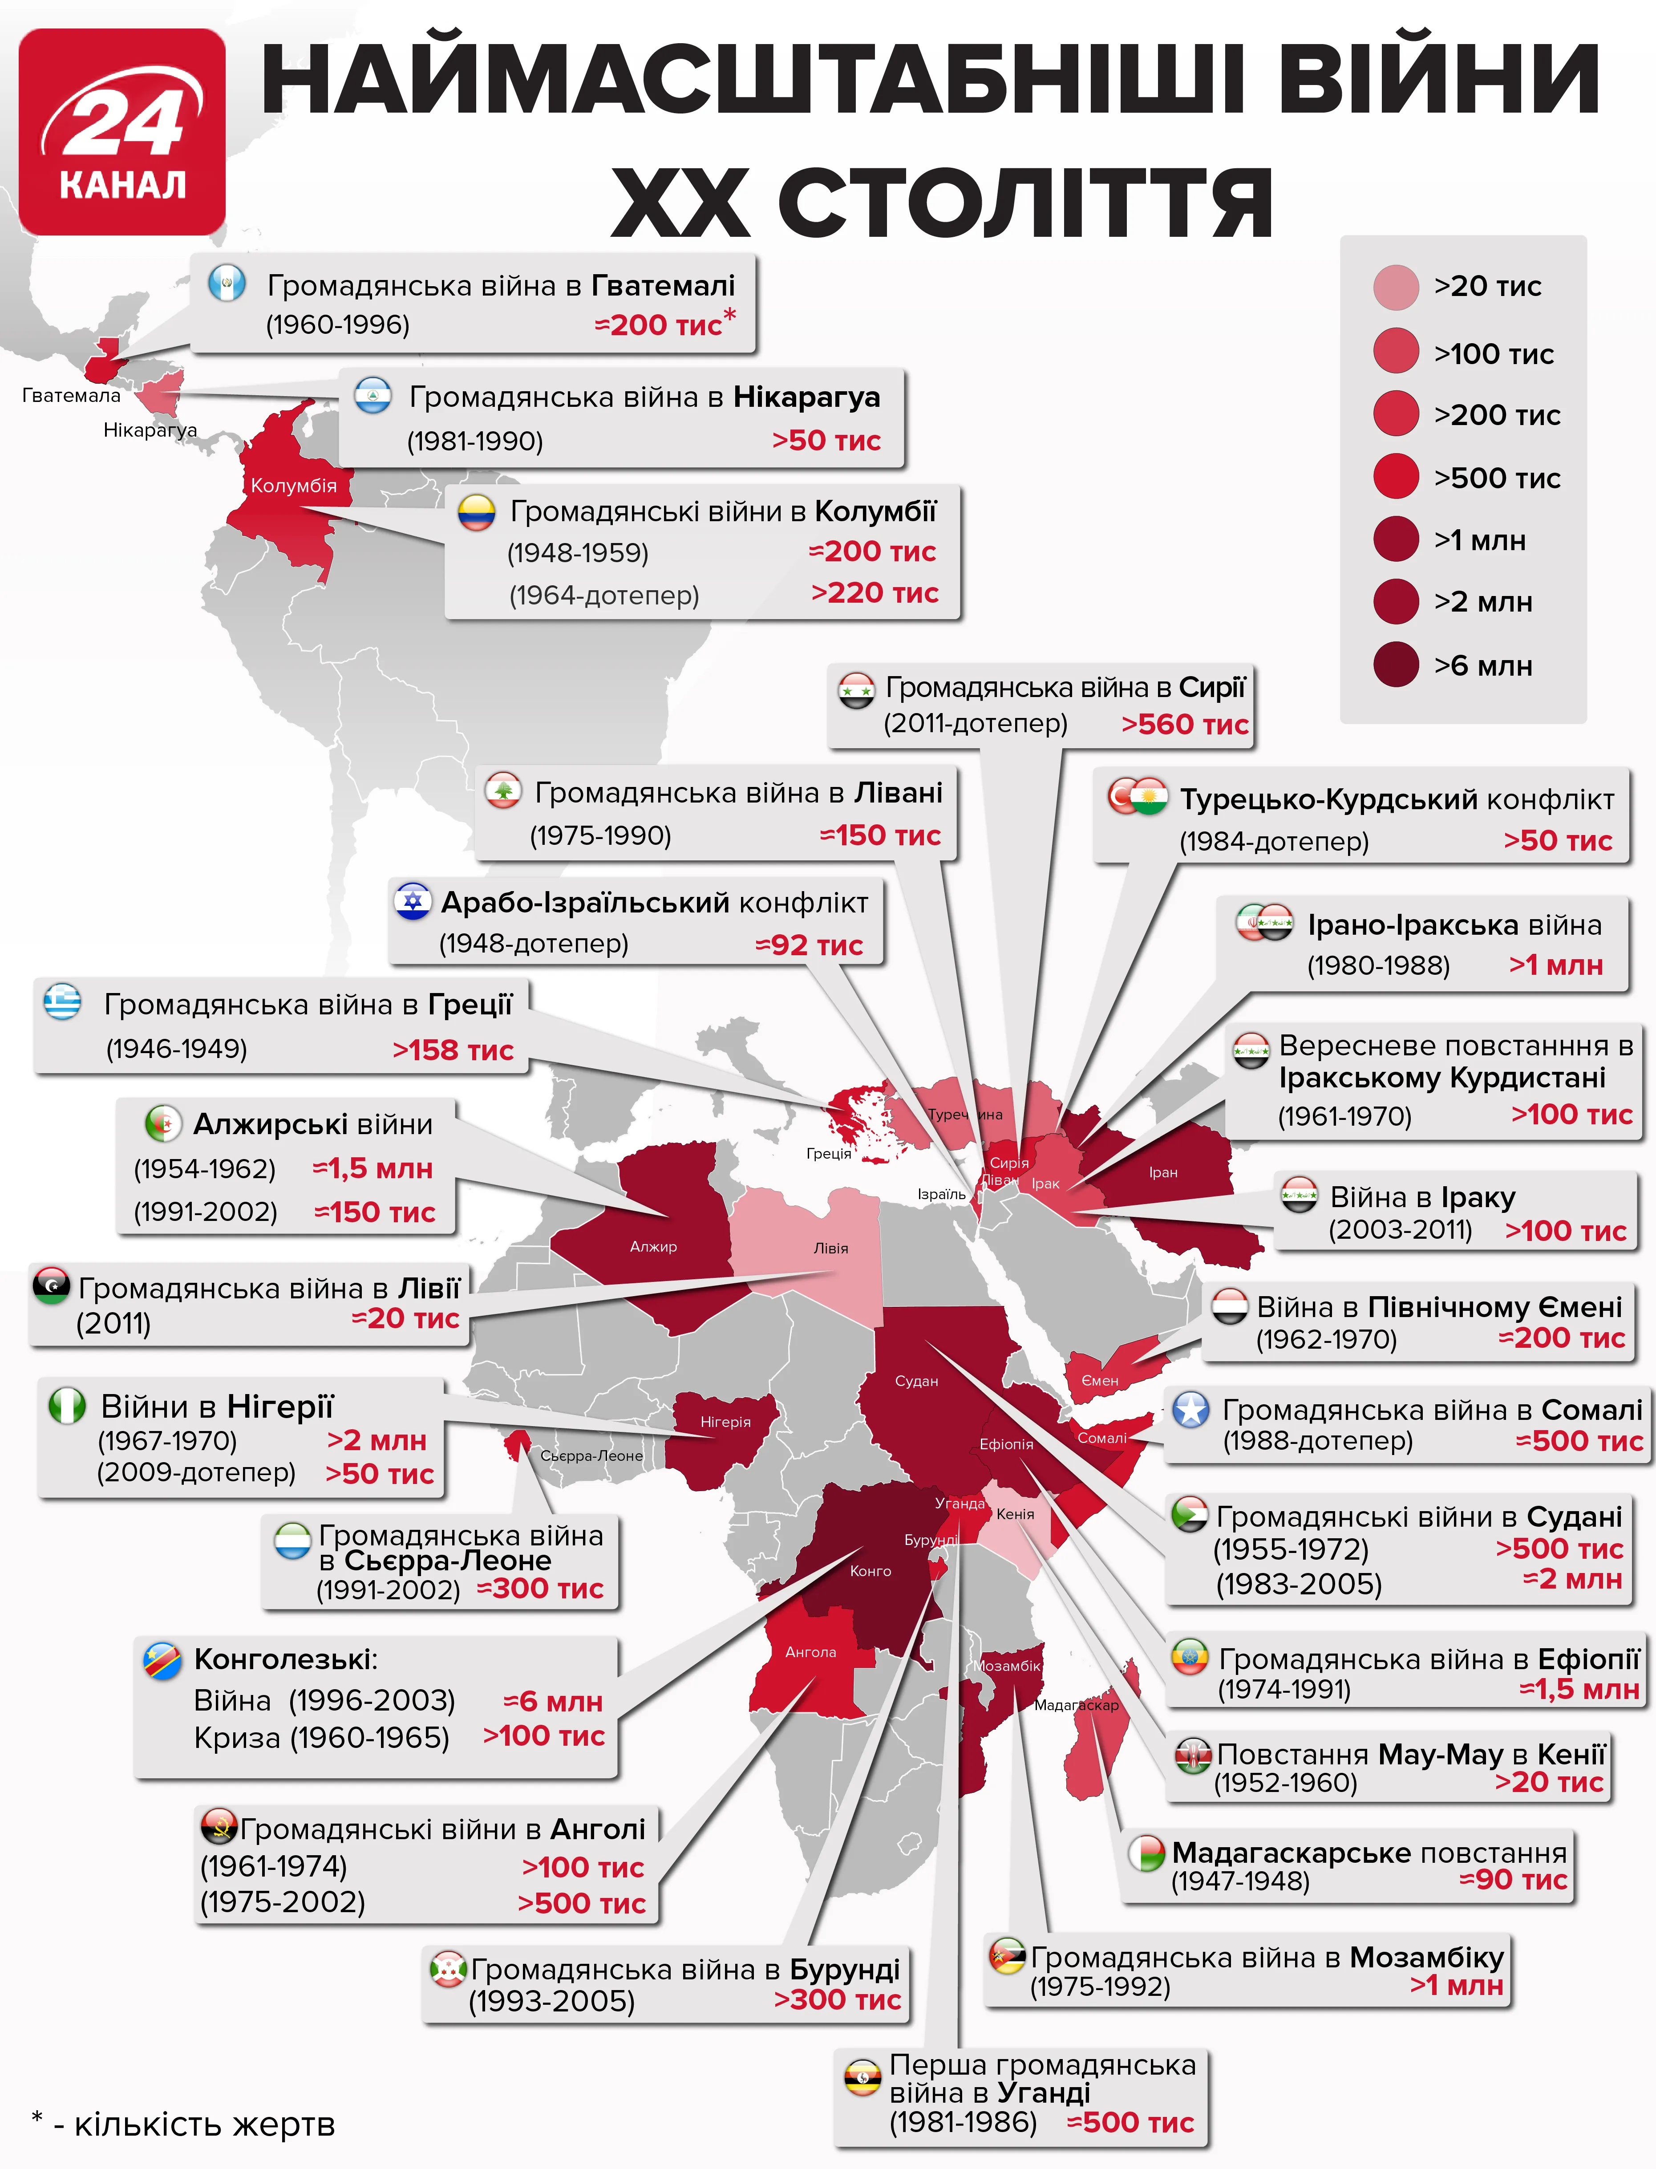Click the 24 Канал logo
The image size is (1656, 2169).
pyautogui.click(x=122, y=132)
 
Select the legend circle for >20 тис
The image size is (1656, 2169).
pyautogui.click(x=1396, y=287)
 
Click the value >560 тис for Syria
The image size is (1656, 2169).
pyautogui.click(x=1184, y=725)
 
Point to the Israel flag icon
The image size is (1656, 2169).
pyautogui.click(x=413, y=901)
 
